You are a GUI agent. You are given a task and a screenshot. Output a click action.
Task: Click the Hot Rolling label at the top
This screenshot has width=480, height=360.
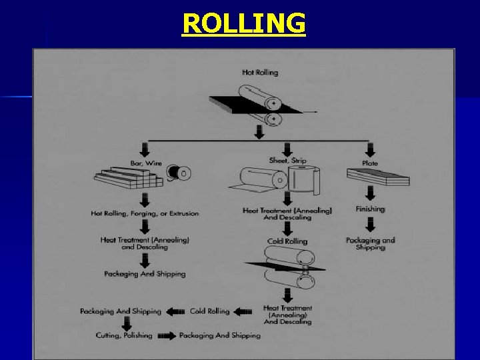point(260,72)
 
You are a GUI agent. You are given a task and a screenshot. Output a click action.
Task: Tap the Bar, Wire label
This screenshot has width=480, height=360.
point(145,162)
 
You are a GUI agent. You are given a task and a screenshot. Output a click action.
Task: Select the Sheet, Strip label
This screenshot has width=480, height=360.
point(287,161)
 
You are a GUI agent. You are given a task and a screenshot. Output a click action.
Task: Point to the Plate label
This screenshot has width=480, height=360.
point(370,163)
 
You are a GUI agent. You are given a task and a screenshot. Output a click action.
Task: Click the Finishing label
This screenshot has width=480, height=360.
point(370,209)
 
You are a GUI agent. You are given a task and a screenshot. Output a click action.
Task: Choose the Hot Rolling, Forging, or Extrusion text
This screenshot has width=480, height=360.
point(145,213)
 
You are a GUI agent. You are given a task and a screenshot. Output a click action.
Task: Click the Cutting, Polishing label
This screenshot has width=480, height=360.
point(124,335)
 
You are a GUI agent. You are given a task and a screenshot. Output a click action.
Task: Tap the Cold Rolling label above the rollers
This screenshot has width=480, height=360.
point(287,241)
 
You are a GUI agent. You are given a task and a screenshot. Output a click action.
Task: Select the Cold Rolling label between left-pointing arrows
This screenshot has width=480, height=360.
point(209,311)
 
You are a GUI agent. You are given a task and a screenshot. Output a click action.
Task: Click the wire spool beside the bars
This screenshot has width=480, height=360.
point(179,173)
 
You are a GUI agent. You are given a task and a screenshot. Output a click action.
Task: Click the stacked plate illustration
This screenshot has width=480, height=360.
point(378,176)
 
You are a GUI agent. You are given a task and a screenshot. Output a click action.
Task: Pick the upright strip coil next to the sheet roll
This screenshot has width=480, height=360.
point(306,178)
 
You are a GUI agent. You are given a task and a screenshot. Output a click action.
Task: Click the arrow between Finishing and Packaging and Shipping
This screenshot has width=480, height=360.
point(370,225)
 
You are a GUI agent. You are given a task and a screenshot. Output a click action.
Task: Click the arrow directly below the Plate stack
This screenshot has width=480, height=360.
point(370,193)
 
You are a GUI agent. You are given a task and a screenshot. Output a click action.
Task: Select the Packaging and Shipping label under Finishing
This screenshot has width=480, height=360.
point(370,243)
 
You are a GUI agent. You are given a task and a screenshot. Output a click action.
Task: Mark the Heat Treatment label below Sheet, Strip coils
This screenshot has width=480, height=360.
point(287,213)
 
